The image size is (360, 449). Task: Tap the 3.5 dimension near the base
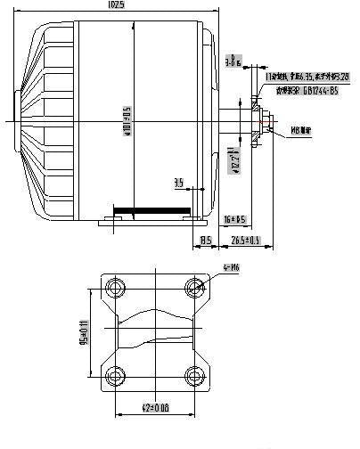178,184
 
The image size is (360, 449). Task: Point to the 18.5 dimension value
205,240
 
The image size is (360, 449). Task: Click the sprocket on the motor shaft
256,118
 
